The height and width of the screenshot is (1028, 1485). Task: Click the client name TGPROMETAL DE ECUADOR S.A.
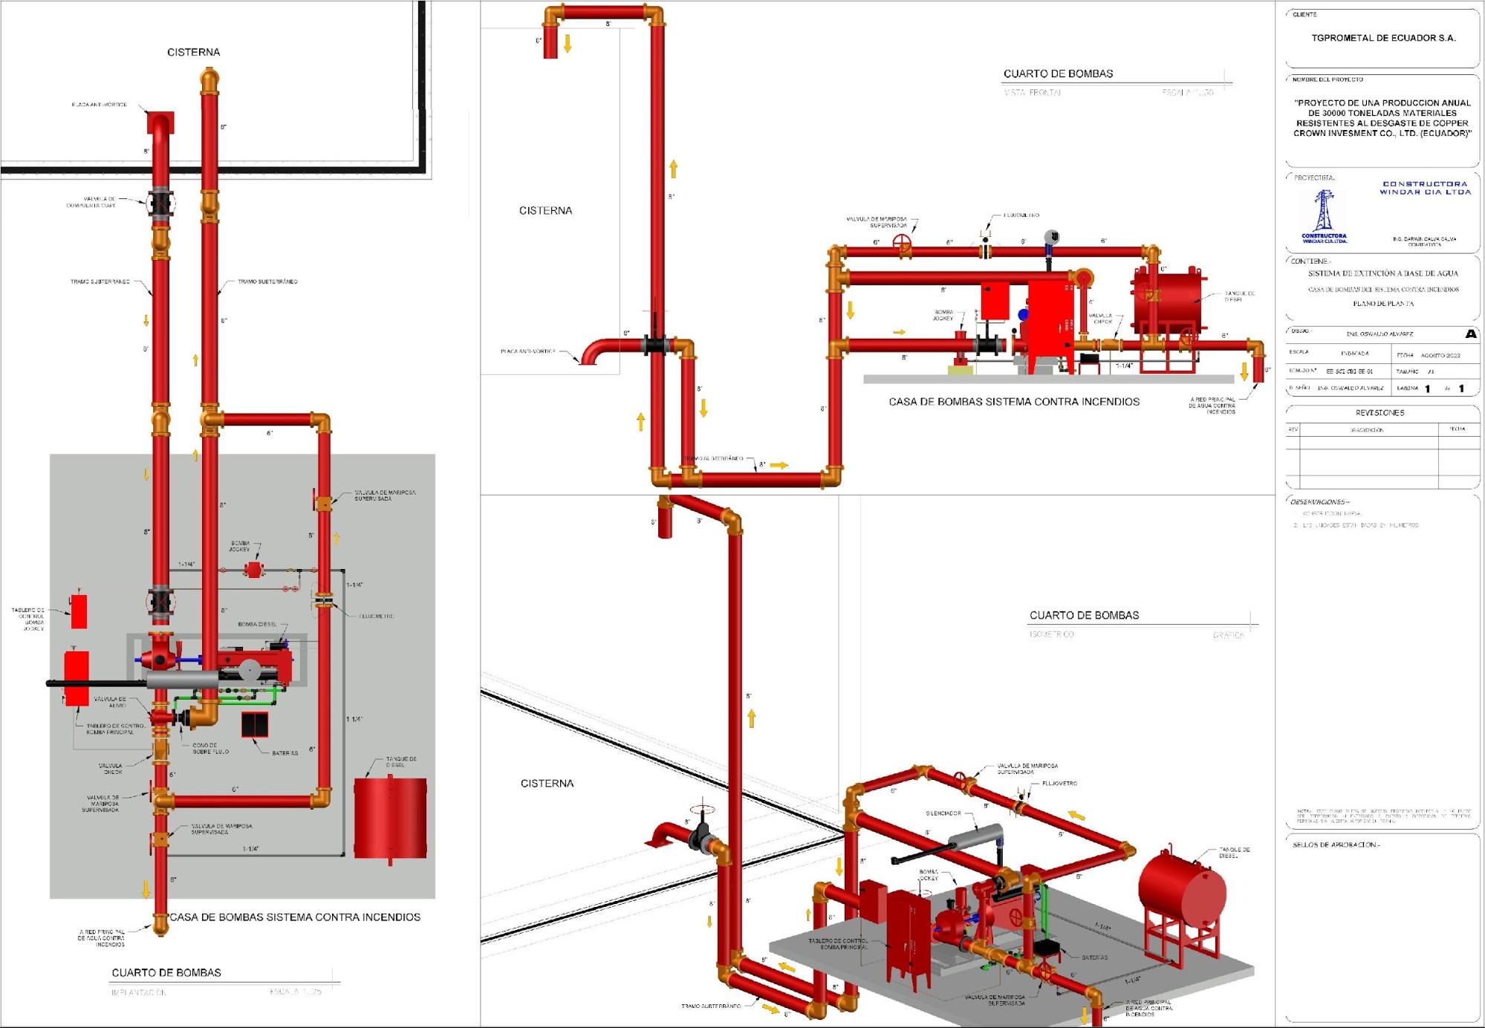[x=1383, y=38]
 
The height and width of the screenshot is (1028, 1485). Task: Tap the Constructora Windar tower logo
[x=1323, y=211]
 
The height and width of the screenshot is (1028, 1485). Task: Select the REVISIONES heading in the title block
[x=1380, y=413]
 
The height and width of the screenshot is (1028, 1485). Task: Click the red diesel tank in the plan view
[x=390, y=818]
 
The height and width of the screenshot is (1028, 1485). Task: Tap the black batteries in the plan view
[x=254, y=724]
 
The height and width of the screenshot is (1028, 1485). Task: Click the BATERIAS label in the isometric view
[x=1094, y=958]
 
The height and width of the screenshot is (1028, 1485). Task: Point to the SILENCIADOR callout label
[x=943, y=813]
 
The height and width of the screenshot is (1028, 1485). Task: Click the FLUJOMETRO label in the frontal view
[x=1021, y=215]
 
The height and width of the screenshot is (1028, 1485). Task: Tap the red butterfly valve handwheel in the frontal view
[x=903, y=242]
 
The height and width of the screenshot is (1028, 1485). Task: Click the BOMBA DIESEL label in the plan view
[x=257, y=625]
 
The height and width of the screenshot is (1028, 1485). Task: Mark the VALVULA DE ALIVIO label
[x=110, y=702]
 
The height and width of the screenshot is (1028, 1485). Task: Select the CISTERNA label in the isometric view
[x=547, y=784]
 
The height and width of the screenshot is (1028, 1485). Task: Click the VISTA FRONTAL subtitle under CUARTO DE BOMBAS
[x=1032, y=93]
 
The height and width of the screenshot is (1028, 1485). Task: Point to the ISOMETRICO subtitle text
[x=1051, y=634]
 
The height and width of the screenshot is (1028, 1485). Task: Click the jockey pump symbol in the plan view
[x=254, y=570]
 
